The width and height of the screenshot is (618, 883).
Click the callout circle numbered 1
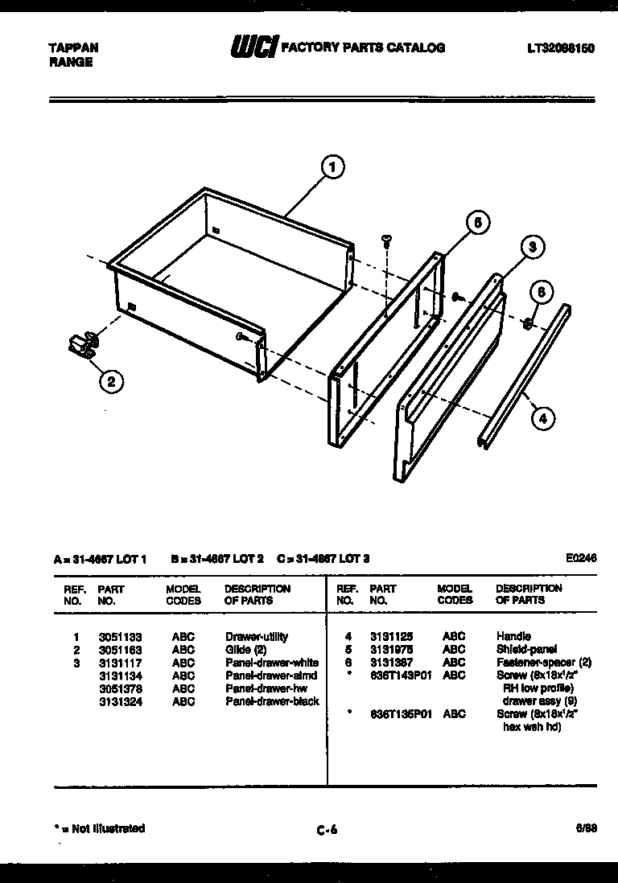tap(332, 168)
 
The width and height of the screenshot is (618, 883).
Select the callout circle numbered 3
tap(531, 248)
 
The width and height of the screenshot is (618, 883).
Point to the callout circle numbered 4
tap(543, 417)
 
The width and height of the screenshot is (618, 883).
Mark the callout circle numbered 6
tap(541, 293)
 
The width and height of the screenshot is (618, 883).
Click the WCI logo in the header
tap(253, 48)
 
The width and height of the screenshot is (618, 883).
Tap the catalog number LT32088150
tap(561, 48)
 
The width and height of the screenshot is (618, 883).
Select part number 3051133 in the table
tap(115, 637)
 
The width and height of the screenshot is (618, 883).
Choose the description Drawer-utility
tap(257, 637)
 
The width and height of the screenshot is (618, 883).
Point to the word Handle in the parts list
tap(513, 637)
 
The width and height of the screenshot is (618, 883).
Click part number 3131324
tap(115, 701)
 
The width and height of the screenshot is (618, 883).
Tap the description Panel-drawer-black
tap(272, 701)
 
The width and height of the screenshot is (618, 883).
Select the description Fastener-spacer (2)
tap(544, 663)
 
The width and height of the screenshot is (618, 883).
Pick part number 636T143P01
tap(401, 676)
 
